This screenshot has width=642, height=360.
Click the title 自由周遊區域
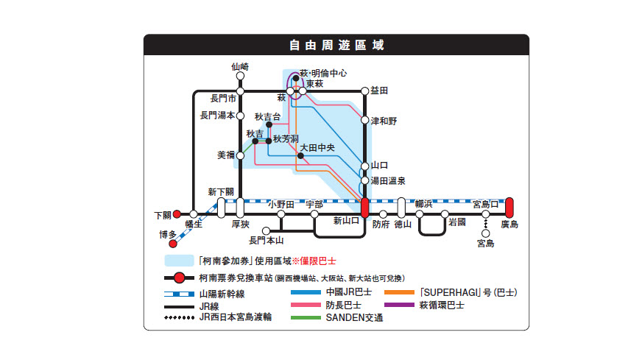pos(336,45)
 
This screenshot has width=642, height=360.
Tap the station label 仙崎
pos(240,66)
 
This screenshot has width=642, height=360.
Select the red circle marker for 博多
pos(173,244)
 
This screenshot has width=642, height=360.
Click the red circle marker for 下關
pos(177,215)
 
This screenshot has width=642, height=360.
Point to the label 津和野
pos(384,120)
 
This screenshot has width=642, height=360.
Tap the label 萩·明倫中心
pos(323,74)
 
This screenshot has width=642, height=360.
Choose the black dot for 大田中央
pos(300,156)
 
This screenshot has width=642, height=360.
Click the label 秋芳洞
pos(285,138)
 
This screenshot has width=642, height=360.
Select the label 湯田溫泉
pos(388,180)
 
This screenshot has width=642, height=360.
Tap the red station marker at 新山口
pos(364,208)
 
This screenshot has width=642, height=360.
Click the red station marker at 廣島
pos(509,208)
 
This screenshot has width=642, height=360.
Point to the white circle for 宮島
pos(486,233)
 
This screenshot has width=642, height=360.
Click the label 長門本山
pos(267,240)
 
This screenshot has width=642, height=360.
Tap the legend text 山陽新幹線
pos(222,292)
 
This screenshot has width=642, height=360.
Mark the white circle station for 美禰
pos(240,155)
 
